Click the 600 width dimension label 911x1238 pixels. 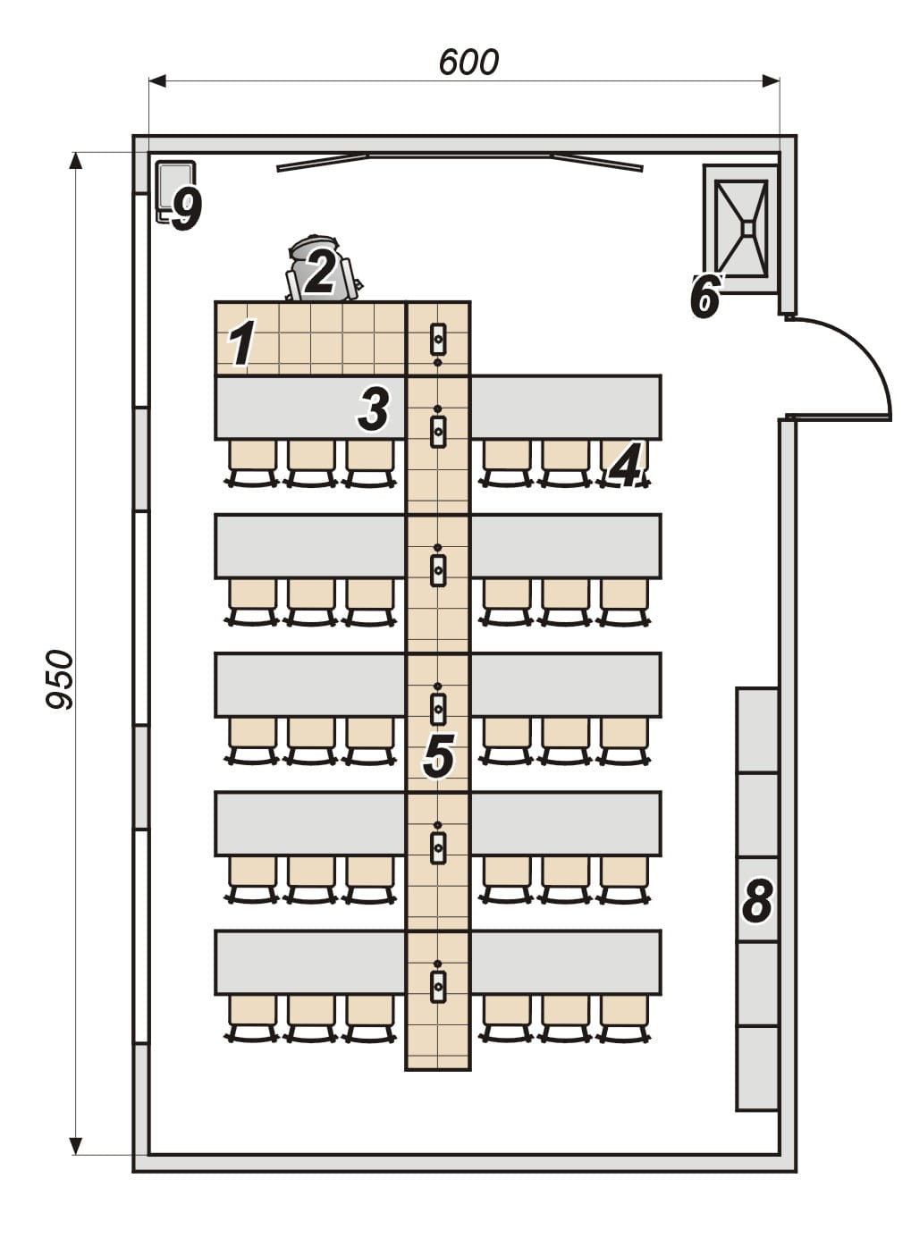[x=468, y=62]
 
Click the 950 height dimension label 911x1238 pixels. [x=60, y=679]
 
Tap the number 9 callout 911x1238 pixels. [x=186, y=209]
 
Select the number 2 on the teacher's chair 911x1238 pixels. [x=319, y=271]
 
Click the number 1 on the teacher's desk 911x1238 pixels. [x=241, y=344]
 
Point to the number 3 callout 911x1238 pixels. [x=374, y=409]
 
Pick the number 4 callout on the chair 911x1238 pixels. [x=627, y=466]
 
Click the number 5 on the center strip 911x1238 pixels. [x=438, y=756]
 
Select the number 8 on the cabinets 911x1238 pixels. [x=757, y=900]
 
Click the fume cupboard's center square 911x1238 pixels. [x=747, y=228]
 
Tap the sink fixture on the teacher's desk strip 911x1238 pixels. [x=438, y=339]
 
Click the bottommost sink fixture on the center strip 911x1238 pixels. [x=438, y=986]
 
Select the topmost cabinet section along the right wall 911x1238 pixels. [x=756, y=729]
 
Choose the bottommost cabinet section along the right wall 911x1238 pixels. [x=756, y=1068]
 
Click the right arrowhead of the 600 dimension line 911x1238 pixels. [x=771, y=81]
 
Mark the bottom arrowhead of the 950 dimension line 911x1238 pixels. [x=76, y=1145]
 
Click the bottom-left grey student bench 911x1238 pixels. [x=309, y=962]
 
